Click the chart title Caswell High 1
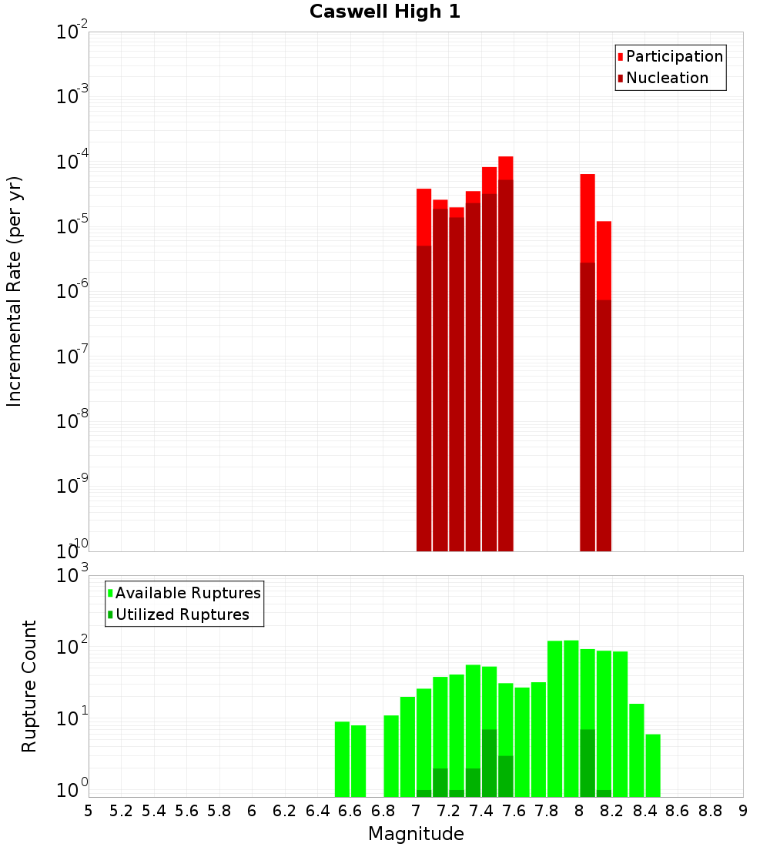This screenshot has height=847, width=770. (x=384, y=12)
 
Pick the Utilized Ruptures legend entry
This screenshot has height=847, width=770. (x=182, y=614)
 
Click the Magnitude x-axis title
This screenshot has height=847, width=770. (x=416, y=834)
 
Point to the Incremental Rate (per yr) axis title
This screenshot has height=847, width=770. (x=15, y=291)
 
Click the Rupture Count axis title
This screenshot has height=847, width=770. (x=29, y=686)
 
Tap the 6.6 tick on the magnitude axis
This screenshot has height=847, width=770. (x=350, y=811)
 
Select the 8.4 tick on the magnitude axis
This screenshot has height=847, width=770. (x=644, y=811)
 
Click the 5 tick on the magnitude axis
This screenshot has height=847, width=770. (x=89, y=811)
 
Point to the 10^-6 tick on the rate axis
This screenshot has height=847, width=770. (x=72, y=291)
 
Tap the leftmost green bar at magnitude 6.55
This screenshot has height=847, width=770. (x=342, y=758)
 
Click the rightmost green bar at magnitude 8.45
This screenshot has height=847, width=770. (x=653, y=765)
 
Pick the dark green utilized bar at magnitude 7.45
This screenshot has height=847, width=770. (x=489, y=762)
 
